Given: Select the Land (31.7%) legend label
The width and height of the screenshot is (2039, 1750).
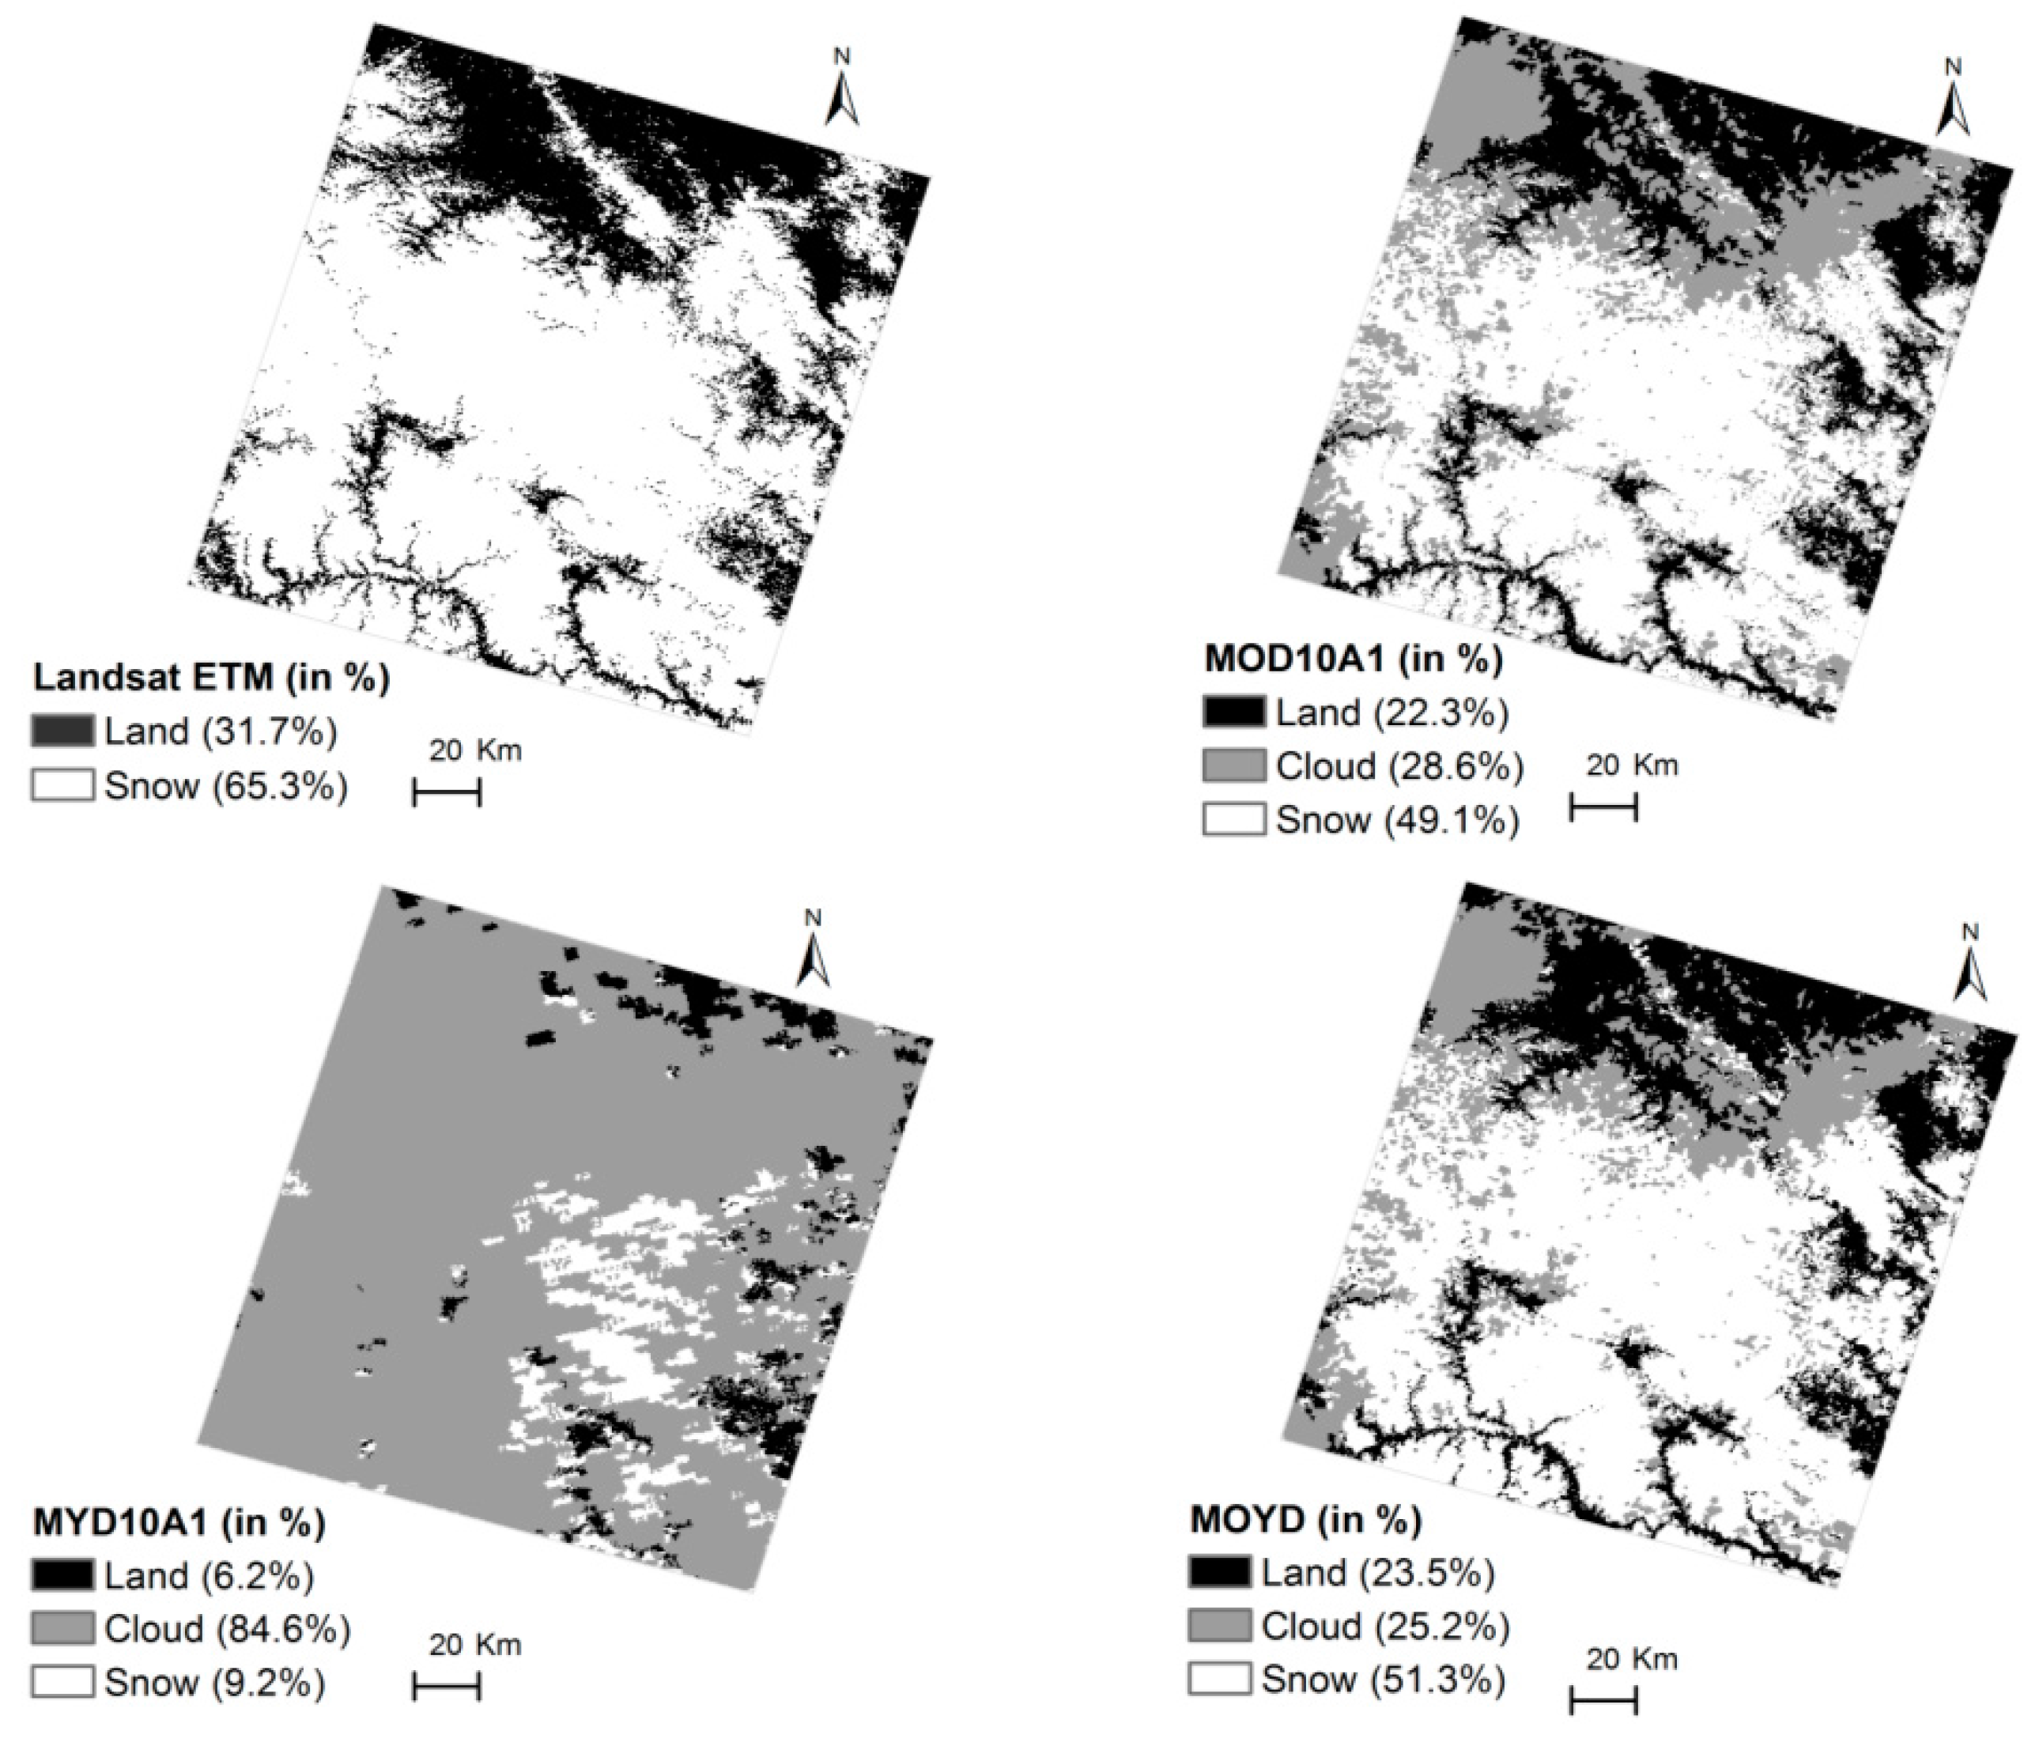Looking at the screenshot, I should click(221, 731).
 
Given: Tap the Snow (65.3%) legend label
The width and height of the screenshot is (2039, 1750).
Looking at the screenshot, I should click(225, 786).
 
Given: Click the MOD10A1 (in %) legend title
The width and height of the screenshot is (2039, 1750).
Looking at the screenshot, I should click(1353, 659).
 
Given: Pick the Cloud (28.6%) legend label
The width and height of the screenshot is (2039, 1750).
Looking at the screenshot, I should click(1399, 765).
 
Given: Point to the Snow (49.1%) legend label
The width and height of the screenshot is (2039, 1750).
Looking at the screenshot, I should click(1397, 819).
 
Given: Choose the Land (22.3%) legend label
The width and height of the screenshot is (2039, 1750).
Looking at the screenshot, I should click(1391, 712).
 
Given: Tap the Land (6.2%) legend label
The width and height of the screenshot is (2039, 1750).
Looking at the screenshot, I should click(209, 1576).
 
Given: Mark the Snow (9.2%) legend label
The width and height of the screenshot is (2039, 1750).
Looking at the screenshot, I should click(214, 1683).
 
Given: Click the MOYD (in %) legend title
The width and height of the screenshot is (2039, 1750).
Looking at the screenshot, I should click(1305, 1520).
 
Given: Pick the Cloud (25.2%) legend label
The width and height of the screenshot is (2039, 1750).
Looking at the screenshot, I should click(1384, 1626).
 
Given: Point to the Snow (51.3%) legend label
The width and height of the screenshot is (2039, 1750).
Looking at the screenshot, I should click(1383, 1679).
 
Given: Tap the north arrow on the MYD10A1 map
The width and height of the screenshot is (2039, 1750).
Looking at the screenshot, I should click(813, 952).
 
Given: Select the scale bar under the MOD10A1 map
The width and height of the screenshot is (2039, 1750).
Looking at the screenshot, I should click(1603, 809).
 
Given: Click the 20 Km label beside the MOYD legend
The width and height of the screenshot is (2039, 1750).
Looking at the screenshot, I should click(1630, 1658).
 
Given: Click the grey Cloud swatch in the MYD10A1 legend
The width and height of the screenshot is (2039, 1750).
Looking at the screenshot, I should click(63, 1629).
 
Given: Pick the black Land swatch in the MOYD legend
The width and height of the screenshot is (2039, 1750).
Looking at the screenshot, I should click(1219, 1573).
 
